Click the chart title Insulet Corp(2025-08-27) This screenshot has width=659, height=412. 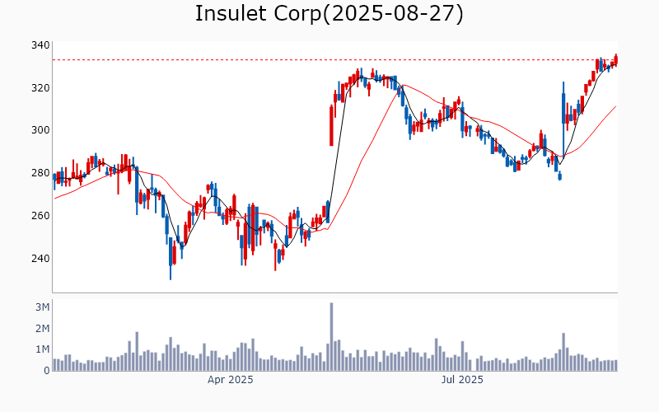(329, 14)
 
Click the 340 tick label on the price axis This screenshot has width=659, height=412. (40, 45)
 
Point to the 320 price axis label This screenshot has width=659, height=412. (40, 88)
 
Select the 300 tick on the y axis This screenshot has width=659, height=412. (40, 130)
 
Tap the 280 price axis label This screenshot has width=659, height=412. (40, 173)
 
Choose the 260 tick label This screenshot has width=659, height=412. (40, 216)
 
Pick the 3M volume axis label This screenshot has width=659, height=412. (41, 307)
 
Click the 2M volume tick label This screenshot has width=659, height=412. (41, 329)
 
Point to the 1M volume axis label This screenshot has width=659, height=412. (41, 349)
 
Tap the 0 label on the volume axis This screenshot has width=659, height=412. (46, 371)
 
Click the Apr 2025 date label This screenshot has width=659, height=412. (230, 381)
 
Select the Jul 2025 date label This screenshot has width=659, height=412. (461, 381)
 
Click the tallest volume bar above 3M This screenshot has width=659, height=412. (331, 336)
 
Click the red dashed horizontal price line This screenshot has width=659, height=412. (247, 59)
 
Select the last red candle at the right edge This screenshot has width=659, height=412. (615, 59)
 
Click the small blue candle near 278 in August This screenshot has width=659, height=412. (559, 176)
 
